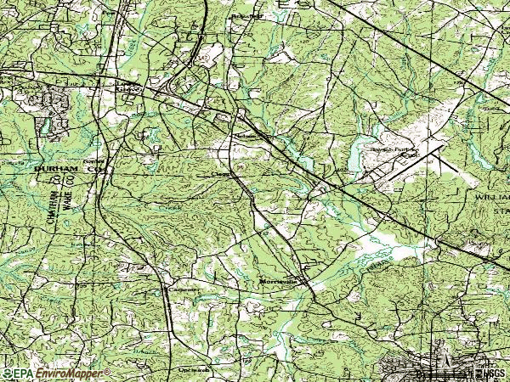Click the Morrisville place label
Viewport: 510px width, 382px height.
tap(277, 280)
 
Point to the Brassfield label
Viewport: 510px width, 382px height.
tap(243, 16)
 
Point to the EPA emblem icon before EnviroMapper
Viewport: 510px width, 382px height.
tap(6, 373)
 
